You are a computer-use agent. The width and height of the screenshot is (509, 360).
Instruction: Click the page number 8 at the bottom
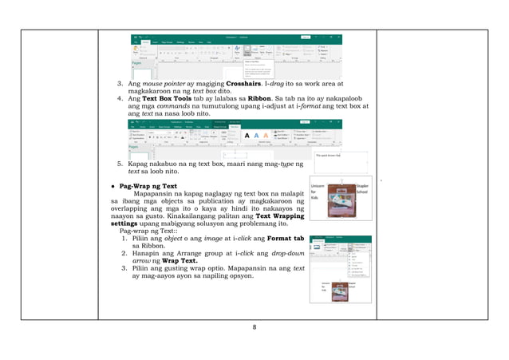pos(254,327)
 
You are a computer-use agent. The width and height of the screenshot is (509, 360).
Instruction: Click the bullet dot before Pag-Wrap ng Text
pos(112,185)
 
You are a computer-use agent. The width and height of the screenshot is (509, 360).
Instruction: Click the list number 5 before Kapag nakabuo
pos(120,164)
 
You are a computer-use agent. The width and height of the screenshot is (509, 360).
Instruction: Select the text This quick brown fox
pos(329,156)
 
